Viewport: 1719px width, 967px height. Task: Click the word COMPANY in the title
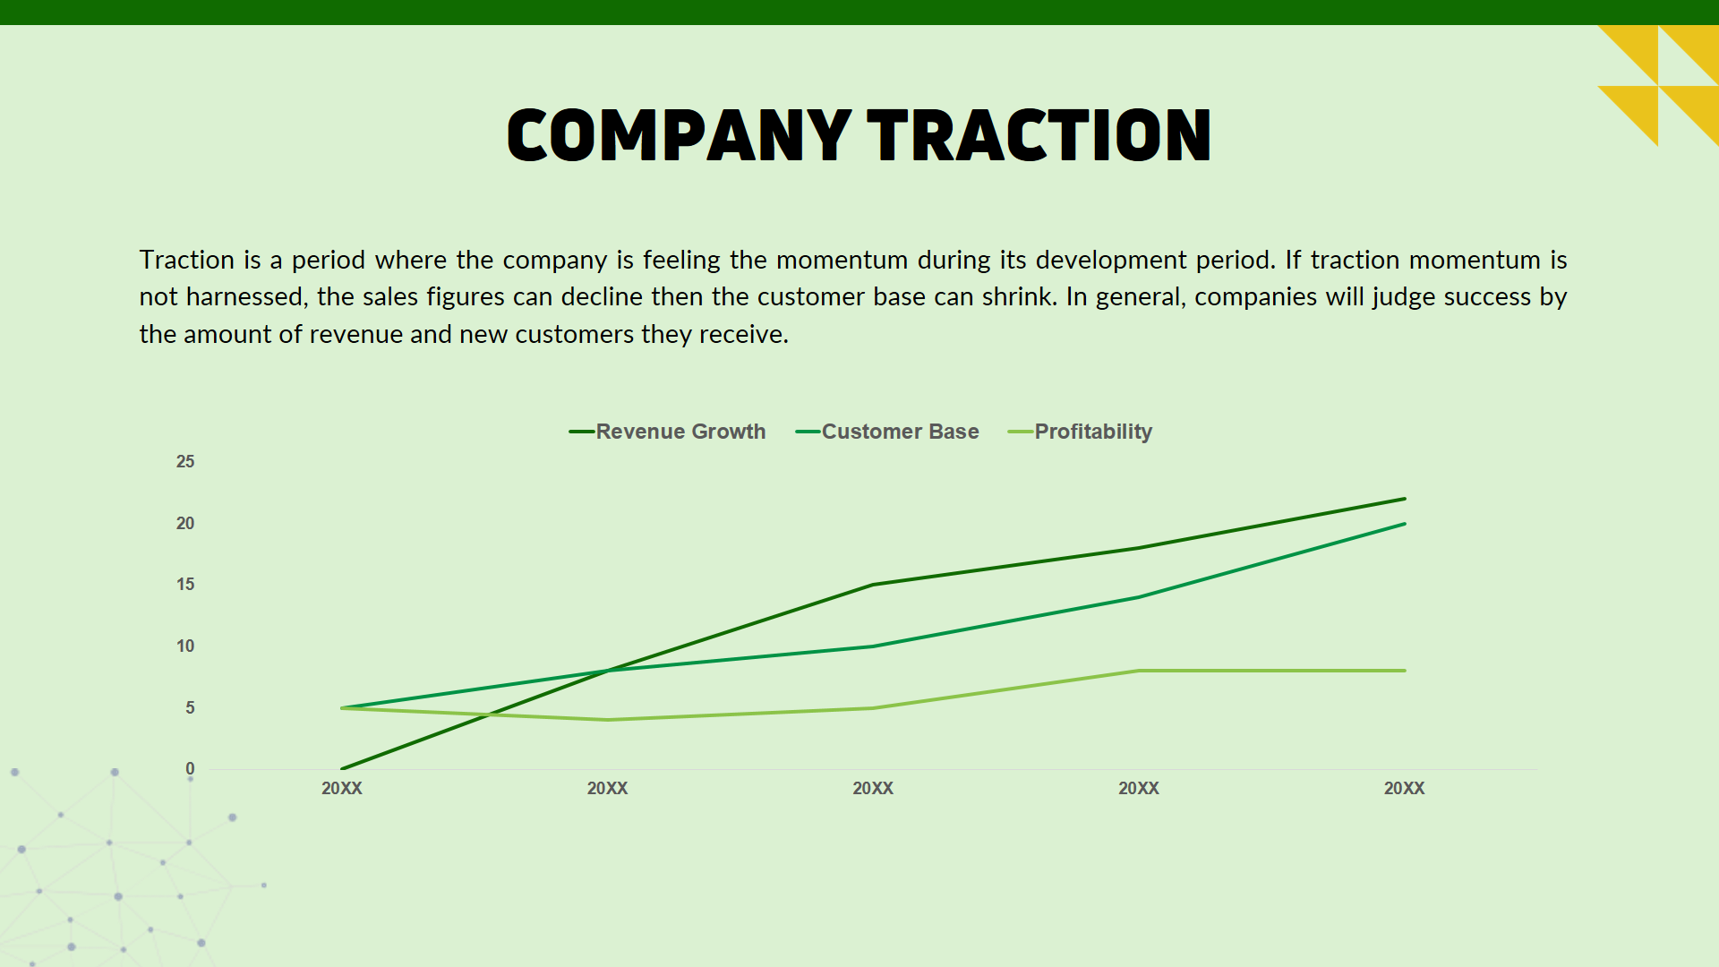tap(678, 135)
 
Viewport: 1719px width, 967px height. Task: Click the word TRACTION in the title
tap(1039, 135)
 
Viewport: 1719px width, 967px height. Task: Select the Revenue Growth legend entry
tap(680, 432)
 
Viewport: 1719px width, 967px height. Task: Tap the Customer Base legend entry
tap(899, 432)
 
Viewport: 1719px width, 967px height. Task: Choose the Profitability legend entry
tap(1092, 432)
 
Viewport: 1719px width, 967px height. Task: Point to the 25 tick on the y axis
tap(185, 462)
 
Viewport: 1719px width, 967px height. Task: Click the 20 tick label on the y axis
tap(185, 524)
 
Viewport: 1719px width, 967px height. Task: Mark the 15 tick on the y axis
tap(185, 585)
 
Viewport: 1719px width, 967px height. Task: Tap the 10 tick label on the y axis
tap(185, 646)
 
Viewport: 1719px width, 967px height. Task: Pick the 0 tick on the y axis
tap(190, 769)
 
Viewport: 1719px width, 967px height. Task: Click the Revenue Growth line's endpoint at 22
tap(1404, 499)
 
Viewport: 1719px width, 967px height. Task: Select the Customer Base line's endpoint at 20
tap(1404, 524)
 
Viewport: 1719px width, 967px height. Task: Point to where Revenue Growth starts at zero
tap(342, 768)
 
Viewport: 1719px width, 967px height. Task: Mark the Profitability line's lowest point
tap(608, 720)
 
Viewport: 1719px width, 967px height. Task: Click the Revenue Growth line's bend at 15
tap(873, 585)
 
